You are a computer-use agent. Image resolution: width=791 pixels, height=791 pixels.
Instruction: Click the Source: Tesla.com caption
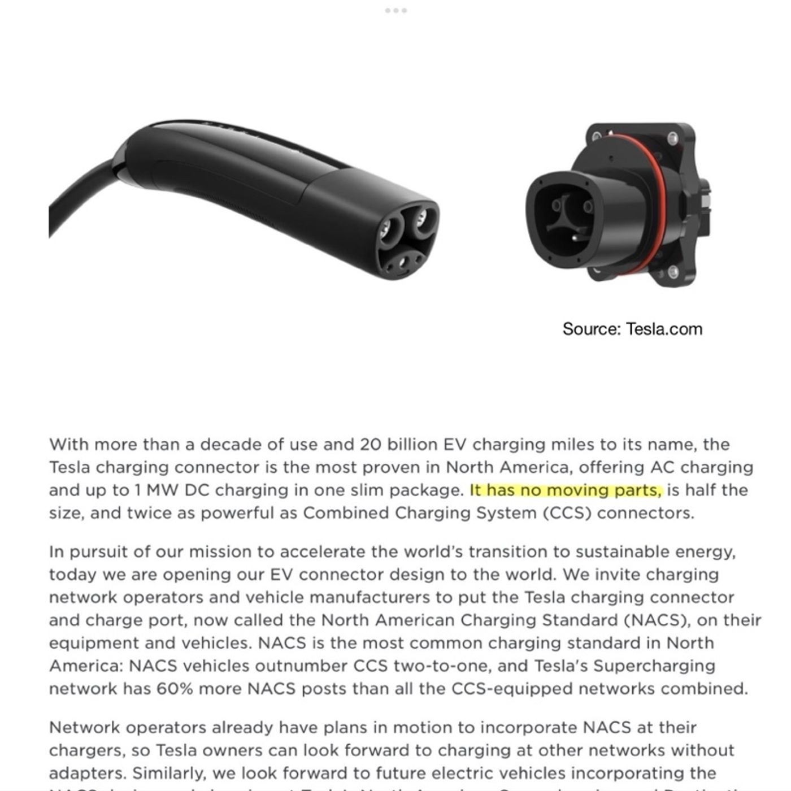tap(632, 329)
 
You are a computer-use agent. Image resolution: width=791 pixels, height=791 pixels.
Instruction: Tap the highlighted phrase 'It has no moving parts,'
tap(566, 490)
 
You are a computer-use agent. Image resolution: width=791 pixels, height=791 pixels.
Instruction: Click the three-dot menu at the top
tap(395, 11)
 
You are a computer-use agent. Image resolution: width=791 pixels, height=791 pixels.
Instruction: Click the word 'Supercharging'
tap(654, 666)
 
